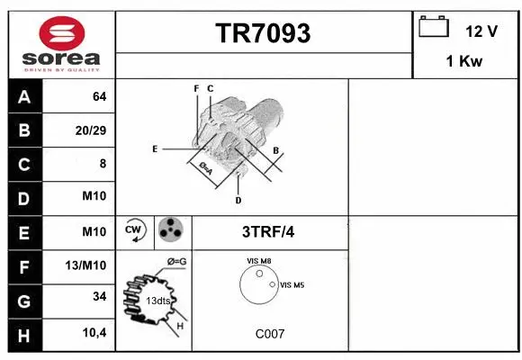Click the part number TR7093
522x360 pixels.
pos(263,34)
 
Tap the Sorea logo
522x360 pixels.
pos(62,44)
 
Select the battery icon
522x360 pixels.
pos(434,28)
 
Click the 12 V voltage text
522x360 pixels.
pos(481,31)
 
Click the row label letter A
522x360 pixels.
pos(24,96)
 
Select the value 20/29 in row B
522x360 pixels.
pos(90,130)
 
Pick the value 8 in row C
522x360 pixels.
pos(102,164)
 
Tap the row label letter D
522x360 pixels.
pos(24,198)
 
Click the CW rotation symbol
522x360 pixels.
pos(135,230)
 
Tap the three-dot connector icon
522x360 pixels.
pos(169,230)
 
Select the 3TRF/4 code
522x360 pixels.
pos(268,231)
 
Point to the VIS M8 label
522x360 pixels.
pos(259,261)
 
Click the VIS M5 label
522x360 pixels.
pos(292,284)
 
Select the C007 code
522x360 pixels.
pos(270,333)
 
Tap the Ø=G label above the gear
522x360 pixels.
pos(177,261)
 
